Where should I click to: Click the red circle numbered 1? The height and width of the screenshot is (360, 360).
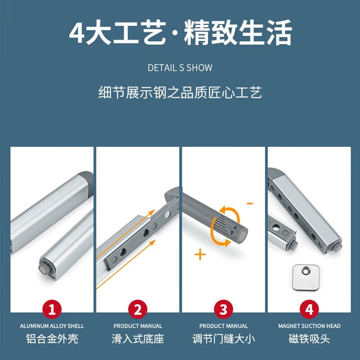(52, 310)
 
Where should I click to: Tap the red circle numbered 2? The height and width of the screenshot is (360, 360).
(138, 310)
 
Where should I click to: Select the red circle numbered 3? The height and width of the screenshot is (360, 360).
(224, 310)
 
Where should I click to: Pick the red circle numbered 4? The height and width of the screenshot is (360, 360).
(309, 310)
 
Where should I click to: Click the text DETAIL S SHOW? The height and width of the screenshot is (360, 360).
(180, 68)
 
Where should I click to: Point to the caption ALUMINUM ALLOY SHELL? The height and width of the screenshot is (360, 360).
(52, 326)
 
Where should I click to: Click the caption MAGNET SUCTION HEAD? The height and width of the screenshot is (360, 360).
(309, 326)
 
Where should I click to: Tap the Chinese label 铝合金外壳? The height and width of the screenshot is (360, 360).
(52, 338)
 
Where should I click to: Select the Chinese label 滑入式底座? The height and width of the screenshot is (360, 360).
(138, 338)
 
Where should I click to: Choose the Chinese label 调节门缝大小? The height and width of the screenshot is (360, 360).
(224, 338)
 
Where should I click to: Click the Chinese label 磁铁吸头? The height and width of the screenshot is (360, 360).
(309, 338)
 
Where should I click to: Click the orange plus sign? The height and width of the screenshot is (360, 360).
(200, 255)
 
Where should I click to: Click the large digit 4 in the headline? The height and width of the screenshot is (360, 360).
(77, 33)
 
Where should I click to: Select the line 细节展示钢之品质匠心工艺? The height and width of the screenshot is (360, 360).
(180, 93)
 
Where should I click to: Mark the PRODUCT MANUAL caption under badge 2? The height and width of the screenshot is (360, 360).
(138, 326)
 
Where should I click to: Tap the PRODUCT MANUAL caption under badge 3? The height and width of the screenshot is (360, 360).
(224, 326)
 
